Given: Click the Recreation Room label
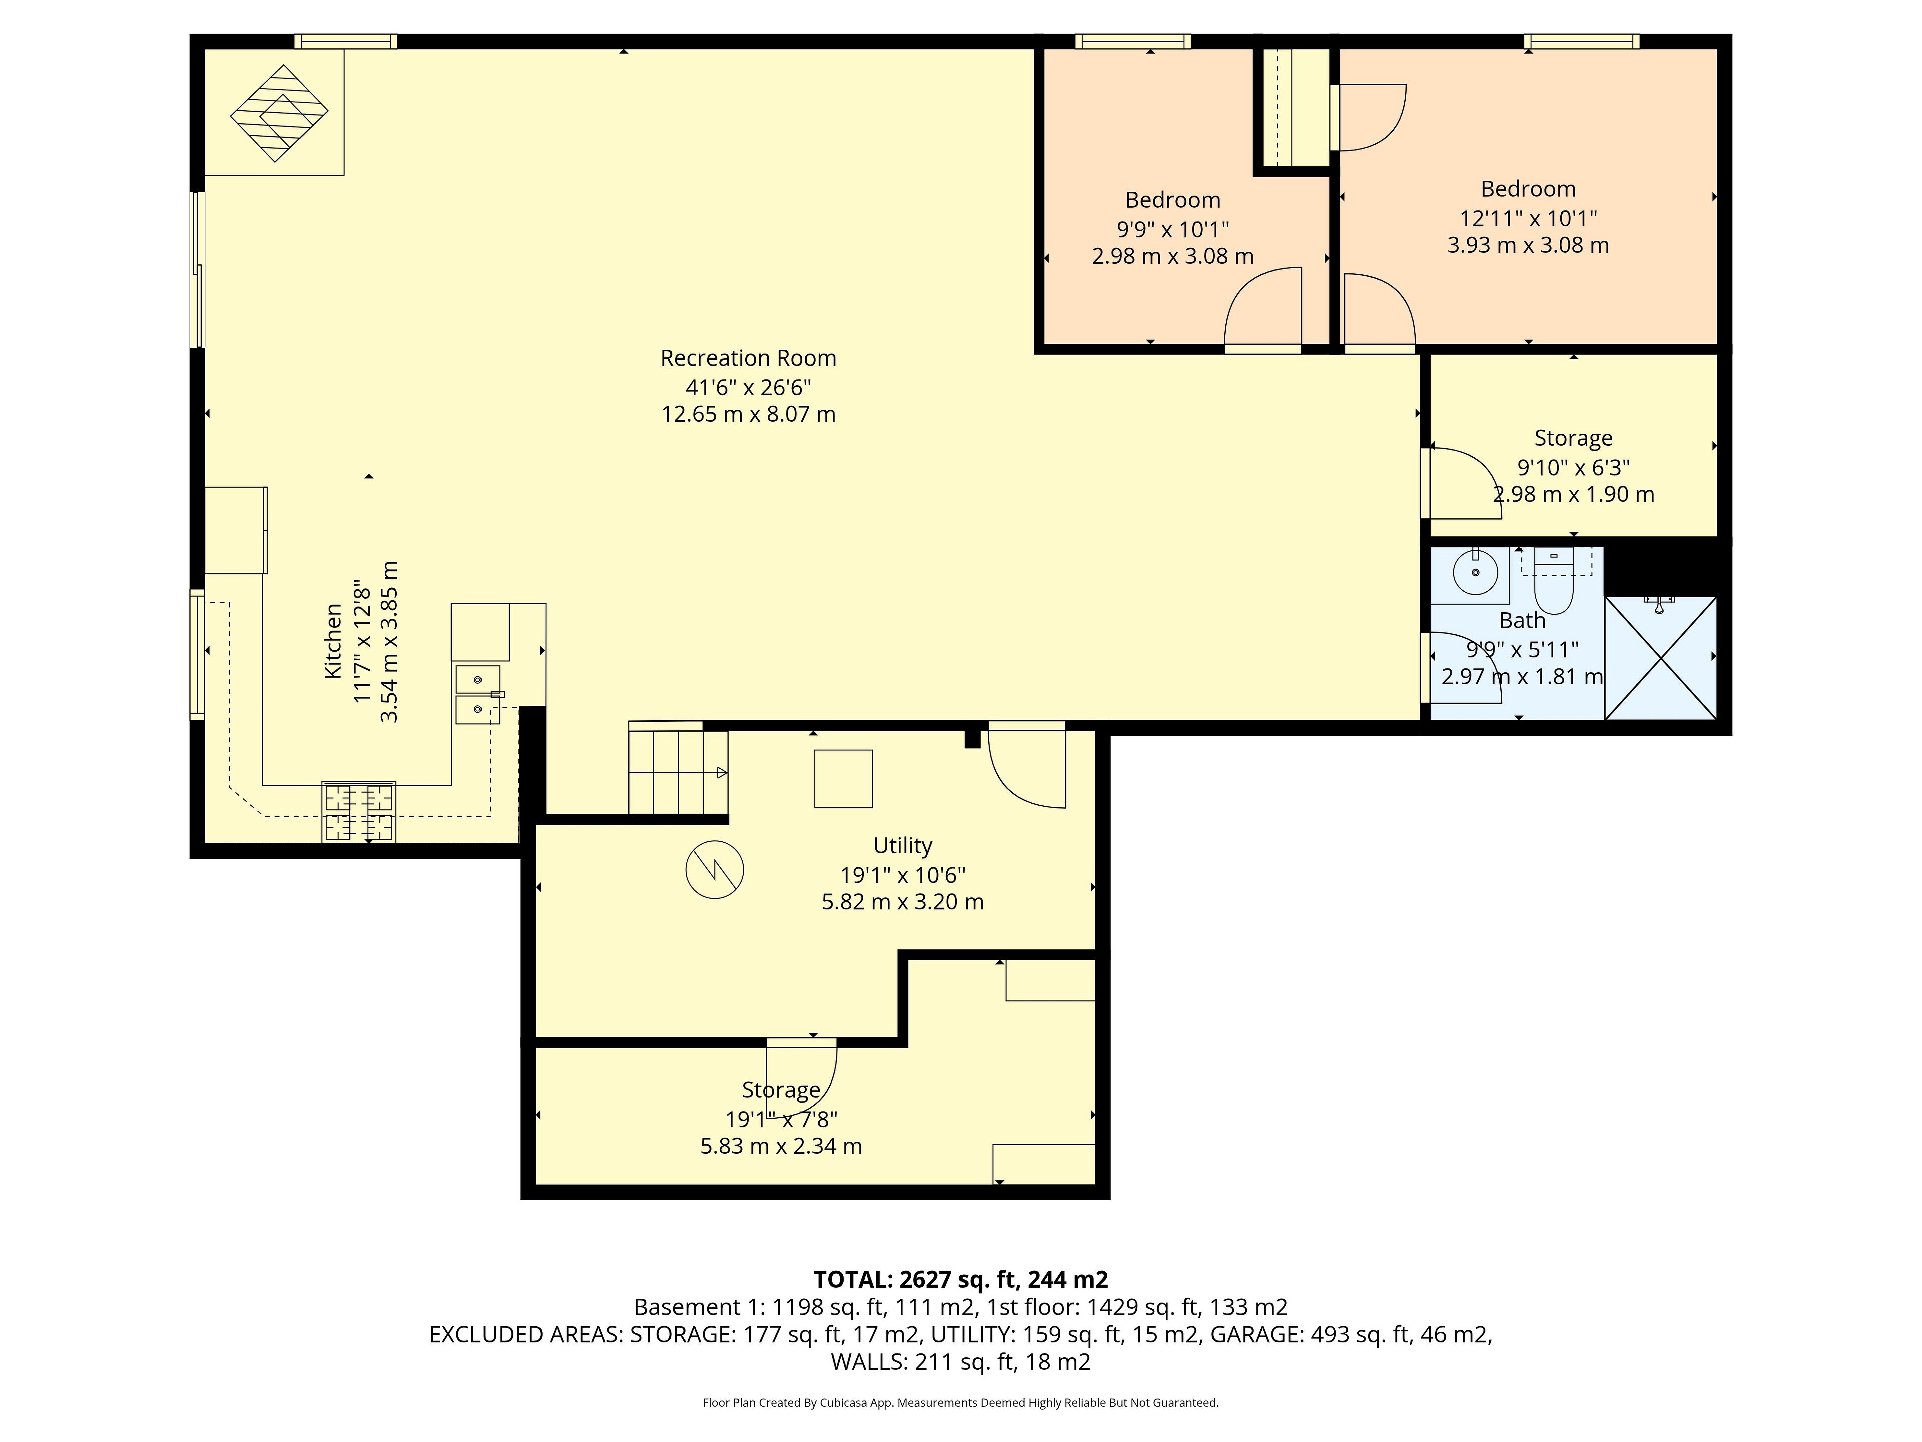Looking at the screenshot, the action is (748, 358).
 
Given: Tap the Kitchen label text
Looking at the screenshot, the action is (333, 641).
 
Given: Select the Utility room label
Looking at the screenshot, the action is (903, 846).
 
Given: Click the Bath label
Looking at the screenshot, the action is (1522, 620).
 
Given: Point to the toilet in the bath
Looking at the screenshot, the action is (1554, 581).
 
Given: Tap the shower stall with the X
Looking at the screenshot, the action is (1660, 658).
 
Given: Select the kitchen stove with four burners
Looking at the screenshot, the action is (359, 812).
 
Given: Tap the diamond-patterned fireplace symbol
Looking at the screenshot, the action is (279, 113).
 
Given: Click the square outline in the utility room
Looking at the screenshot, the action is (843, 779).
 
